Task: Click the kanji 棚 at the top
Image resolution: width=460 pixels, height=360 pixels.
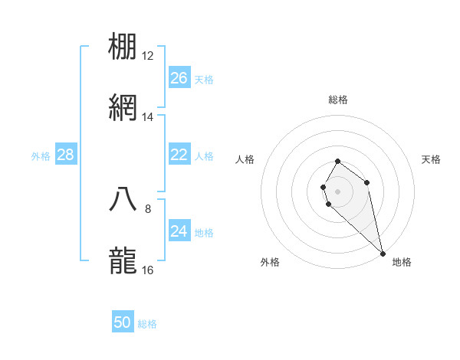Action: pos(123,48)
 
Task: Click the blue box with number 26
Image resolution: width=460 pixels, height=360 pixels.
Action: pos(179,78)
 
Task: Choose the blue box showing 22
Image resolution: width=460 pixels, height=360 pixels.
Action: pos(179,155)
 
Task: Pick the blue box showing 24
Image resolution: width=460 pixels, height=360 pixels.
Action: pos(179,231)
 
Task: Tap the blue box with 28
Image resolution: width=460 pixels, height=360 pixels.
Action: pos(66,155)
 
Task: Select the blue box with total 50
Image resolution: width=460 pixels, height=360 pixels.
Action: pos(123,322)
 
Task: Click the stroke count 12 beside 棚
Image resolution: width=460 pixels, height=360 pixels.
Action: pos(148,56)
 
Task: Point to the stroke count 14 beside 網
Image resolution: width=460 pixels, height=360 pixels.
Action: pos(148,117)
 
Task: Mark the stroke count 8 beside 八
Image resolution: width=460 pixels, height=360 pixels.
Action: pos(148,208)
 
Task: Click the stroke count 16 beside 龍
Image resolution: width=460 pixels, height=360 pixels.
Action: pos(148,270)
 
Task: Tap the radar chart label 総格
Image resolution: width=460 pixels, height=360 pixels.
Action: pos(338,100)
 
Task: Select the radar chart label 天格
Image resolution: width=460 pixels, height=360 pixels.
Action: pos(432,159)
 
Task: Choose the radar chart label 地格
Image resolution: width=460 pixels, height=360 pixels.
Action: pos(402,262)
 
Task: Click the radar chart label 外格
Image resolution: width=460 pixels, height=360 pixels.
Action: pos(270,262)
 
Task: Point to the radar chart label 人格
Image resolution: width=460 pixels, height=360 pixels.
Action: pos(245,159)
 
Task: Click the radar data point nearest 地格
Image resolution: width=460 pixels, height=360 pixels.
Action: pos(383,253)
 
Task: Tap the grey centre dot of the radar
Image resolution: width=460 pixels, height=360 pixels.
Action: pos(338,191)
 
